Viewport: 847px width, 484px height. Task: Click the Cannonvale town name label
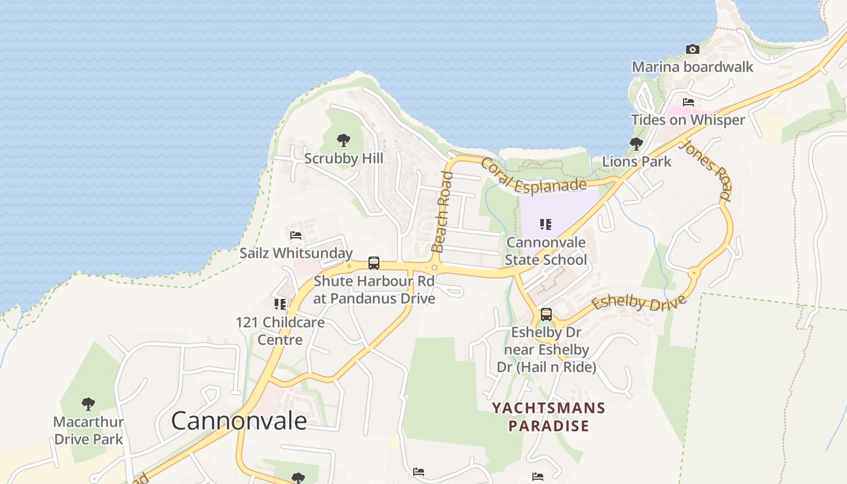239,420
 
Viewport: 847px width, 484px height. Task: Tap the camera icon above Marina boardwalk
692,49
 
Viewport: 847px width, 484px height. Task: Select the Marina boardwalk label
692,67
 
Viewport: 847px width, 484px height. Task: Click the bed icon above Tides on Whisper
688,102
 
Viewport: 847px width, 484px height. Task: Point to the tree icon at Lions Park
636,144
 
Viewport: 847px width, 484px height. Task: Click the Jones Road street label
705,170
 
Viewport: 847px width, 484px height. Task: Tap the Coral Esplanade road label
534,176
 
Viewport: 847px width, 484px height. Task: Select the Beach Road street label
442,212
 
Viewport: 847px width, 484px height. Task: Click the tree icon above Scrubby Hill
344,141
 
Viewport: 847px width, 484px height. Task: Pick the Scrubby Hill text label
344,159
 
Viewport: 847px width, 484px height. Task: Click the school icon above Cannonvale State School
546,224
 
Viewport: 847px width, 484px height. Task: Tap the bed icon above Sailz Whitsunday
296,235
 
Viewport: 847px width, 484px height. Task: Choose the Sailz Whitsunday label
296,253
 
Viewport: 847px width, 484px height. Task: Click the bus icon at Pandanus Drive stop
374,263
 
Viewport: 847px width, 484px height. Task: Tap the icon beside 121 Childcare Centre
280,304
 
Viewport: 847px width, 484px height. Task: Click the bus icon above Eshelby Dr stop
546,315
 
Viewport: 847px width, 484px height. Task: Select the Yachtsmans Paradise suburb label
548,417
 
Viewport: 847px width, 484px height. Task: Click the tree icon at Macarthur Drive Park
88,404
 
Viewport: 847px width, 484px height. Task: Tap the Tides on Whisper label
688,120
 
